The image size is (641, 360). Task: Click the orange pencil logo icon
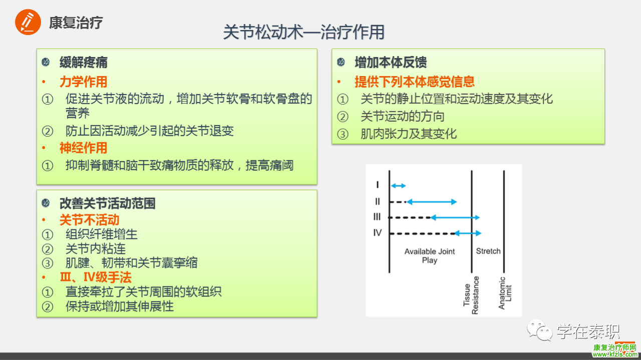tap(28, 22)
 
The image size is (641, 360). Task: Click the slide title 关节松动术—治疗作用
tap(303, 32)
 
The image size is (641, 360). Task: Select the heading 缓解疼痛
tap(83, 63)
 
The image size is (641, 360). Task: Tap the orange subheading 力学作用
tap(83, 82)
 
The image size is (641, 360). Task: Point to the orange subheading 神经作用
tap(83, 148)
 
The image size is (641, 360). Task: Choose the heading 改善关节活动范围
tap(107, 203)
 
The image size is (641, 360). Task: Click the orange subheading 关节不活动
tap(89, 220)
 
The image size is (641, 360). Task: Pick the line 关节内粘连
tap(96, 249)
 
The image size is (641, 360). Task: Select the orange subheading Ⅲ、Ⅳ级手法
tap(96, 277)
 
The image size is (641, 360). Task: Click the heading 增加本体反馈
tap(391, 63)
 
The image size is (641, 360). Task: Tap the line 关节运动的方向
tap(402, 117)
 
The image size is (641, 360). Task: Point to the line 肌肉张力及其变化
tap(408, 134)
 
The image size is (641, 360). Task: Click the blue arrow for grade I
tap(398, 186)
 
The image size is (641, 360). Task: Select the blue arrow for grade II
tap(432, 202)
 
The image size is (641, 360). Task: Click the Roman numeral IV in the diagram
tap(378, 233)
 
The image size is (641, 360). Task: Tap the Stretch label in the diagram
tap(488, 251)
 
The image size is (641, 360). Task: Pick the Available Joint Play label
tap(430, 255)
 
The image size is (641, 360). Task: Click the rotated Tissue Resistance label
tap(471, 295)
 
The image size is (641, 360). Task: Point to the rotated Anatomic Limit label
tap(505, 293)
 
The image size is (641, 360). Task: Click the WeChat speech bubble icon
tap(540, 330)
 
